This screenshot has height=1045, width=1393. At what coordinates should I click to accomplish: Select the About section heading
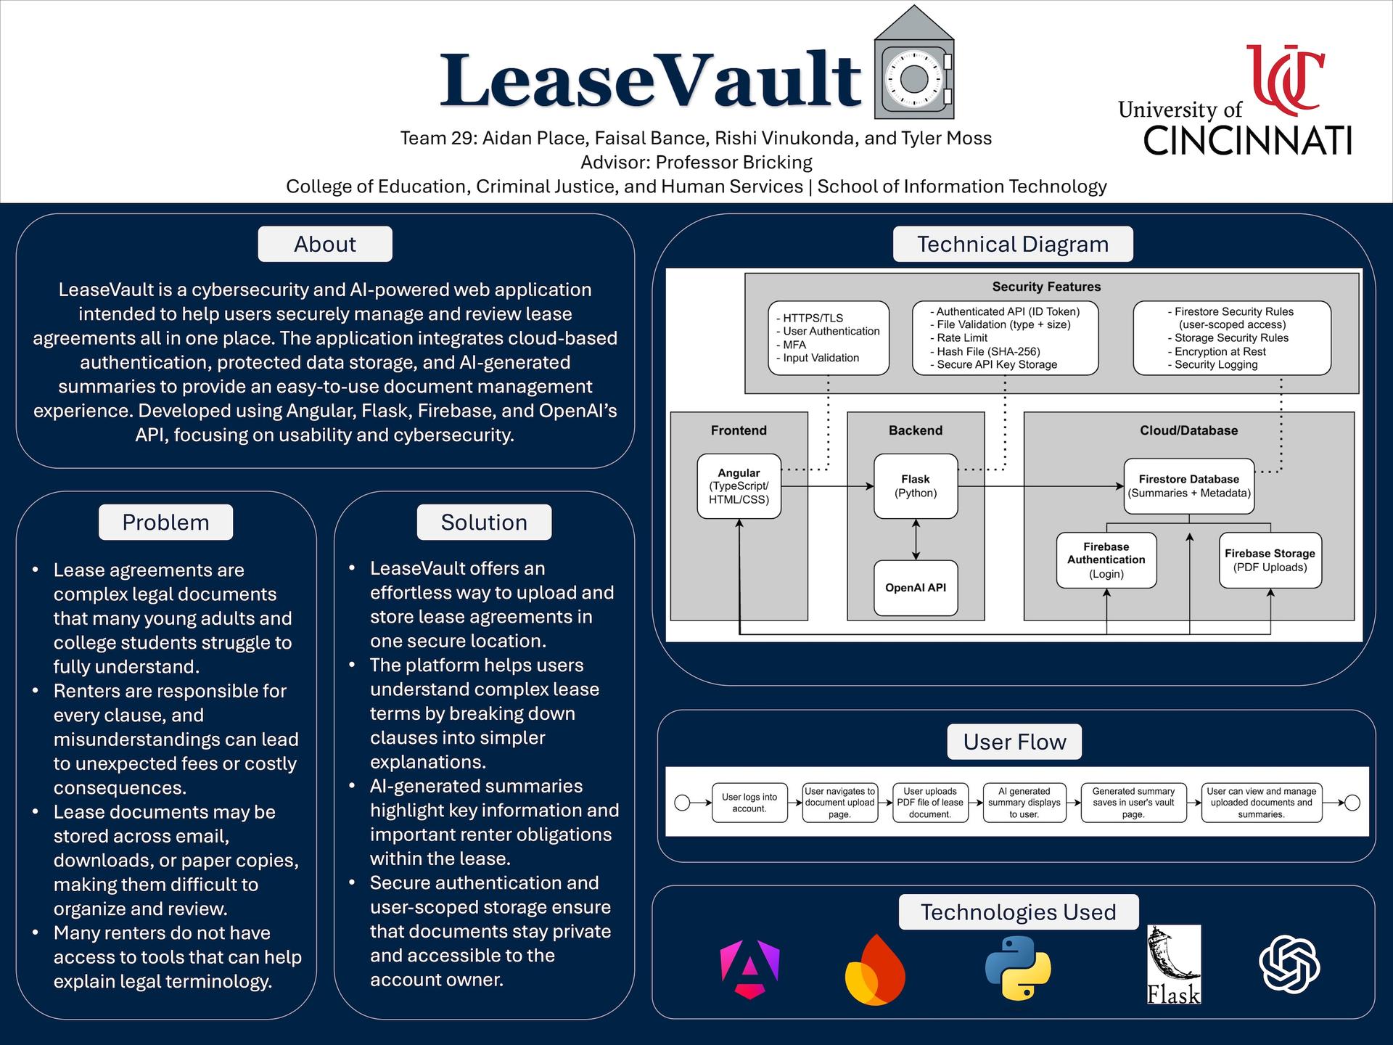pyautogui.click(x=325, y=244)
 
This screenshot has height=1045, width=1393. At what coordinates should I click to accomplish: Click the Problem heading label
pyautogui.click(x=165, y=522)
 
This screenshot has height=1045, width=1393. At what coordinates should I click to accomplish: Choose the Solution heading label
pyautogui.click(x=484, y=522)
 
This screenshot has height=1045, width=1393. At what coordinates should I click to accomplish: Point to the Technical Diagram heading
pyautogui.click(x=1013, y=244)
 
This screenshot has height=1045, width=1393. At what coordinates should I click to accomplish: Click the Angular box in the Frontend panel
pyautogui.click(x=739, y=486)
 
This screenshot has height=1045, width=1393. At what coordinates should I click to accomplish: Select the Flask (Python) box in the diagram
pyautogui.click(x=916, y=486)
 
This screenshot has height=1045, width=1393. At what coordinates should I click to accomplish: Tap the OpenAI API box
pyautogui.click(x=916, y=588)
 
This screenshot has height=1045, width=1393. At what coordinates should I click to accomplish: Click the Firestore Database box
pyautogui.click(x=1188, y=486)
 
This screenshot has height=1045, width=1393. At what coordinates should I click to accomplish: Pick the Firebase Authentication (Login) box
pyautogui.click(x=1106, y=560)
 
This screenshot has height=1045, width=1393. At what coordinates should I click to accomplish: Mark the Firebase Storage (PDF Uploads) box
pyautogui.click(x=1270, y=560)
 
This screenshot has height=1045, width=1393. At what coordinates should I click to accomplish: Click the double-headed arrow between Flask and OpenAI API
pyautogui.click(x=916, y=539)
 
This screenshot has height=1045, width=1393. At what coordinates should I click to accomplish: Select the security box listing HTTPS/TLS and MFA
pyautogui.click(x=828, y=338)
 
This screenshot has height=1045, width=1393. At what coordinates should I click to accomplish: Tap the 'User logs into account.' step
pyautogui.click(x=749, y=803)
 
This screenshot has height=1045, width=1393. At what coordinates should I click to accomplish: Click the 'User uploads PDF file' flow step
pyautogui.click(x=930, y=803)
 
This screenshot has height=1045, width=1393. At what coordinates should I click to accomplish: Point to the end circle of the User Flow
pyautogui.click(x=1352, y=803)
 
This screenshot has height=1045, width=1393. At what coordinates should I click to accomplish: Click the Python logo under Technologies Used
pyautogui.click(x=1018, y=968)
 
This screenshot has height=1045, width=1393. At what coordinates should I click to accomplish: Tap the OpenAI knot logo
pyautogui.click(x=1289, y=964)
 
